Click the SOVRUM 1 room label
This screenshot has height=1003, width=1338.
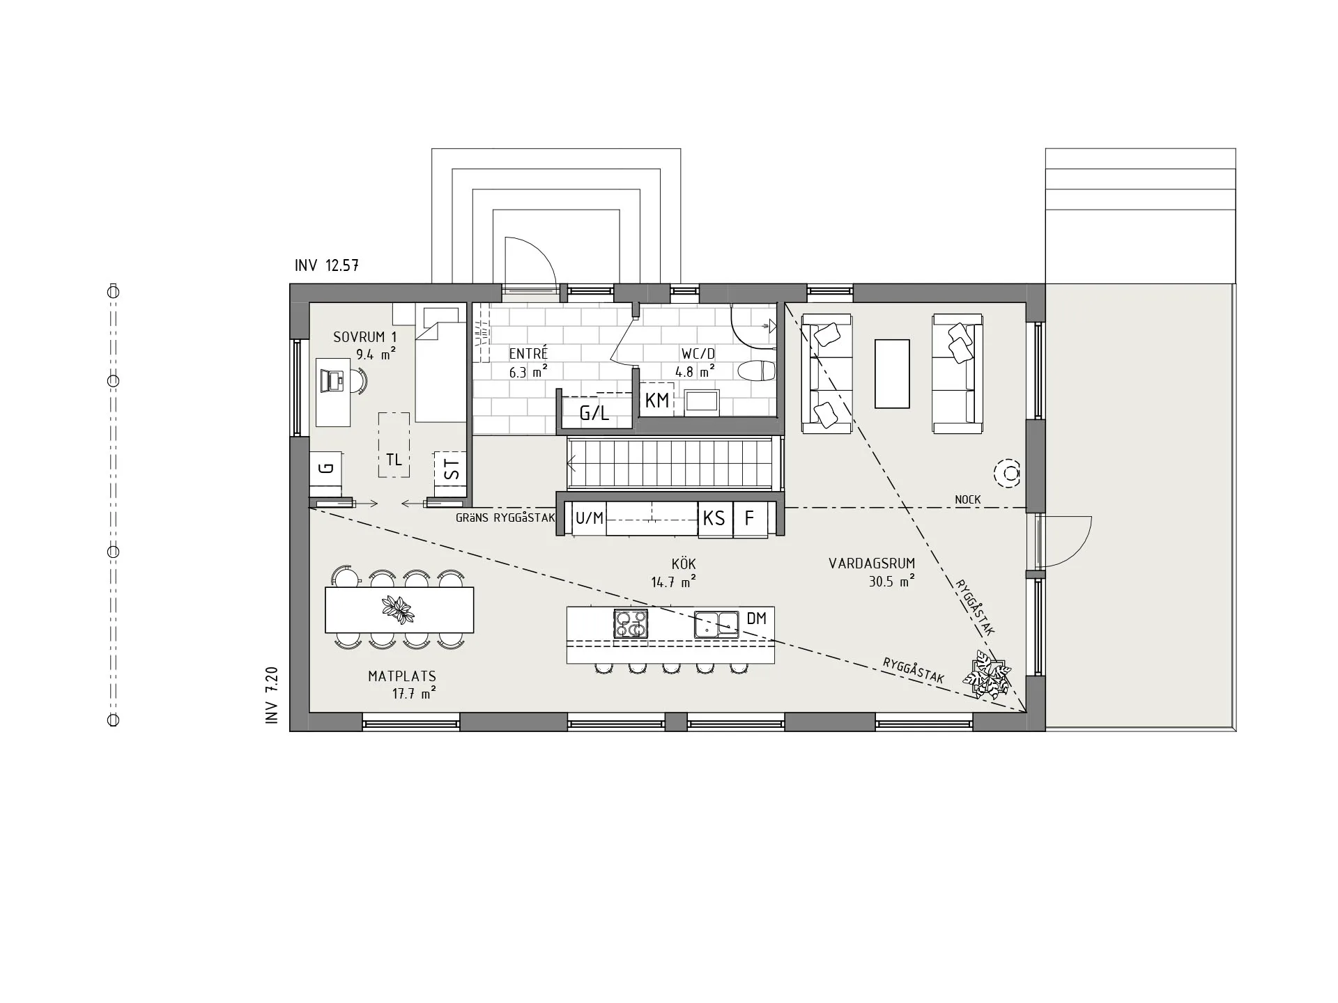(x=364, y=337)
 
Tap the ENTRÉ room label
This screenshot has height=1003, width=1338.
(x=528, y=355)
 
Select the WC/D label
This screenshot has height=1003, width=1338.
(x=698, y=355)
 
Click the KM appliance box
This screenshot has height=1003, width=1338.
(x=657, y=400)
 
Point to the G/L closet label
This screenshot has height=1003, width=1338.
(x=594, y=414)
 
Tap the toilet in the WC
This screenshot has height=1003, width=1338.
(x=755, y=371)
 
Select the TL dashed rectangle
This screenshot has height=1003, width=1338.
(x=394, y=445)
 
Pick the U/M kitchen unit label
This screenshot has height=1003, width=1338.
(x=590, y=518)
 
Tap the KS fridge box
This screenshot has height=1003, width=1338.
(x=715, y=518)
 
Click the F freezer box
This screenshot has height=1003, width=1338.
(x=750, y=518)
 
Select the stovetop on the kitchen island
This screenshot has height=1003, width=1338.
(x=631, y=623)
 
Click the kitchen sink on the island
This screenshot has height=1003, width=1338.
(x=716, y=624)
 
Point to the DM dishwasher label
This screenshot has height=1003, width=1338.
(x=756, y=619)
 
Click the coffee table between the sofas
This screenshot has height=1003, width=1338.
(x=892, y=373)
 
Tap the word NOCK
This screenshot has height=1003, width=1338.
(x=968, y=499)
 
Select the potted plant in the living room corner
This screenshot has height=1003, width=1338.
(x=987, y=674)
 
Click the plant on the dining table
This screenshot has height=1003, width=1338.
(x=399, y=609)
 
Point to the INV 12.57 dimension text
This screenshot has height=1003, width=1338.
(x=327, y=265)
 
